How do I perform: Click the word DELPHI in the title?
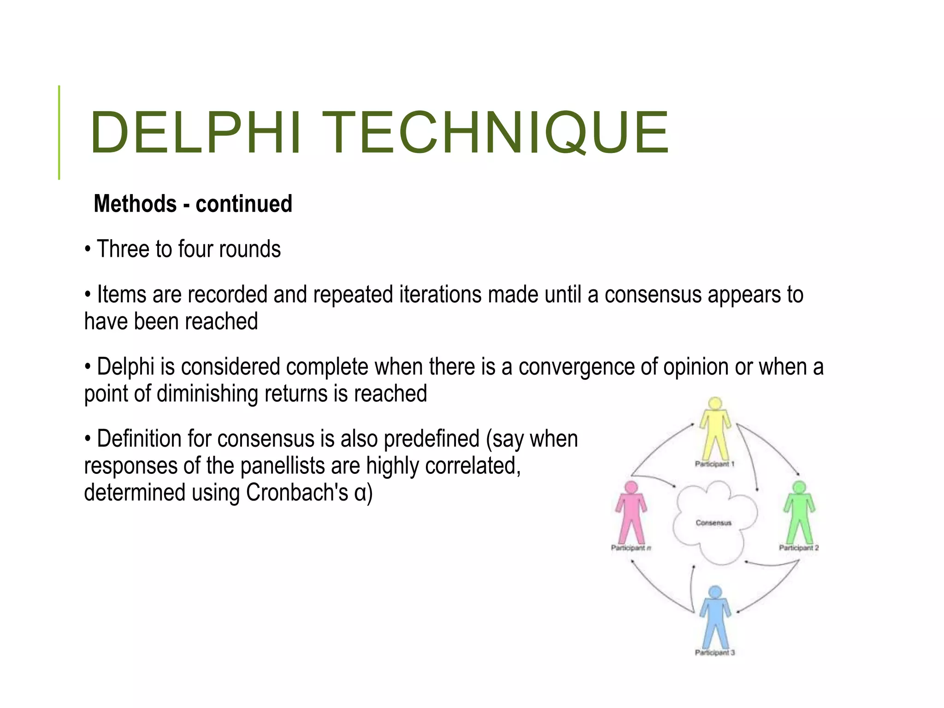coord(196,133)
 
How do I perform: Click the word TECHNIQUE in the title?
coord(495,133)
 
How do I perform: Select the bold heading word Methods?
coord(135,204)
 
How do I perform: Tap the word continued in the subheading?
coord(244,204)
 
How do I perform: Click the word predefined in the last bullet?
coord(431,438)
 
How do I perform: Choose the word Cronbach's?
coord(297,492)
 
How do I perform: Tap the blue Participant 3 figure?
coord(715,620)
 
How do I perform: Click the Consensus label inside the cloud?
coord(714,523)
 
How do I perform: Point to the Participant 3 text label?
coord(715,652)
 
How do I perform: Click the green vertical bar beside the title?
coord(59,132)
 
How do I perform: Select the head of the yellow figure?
coord(715,403)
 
